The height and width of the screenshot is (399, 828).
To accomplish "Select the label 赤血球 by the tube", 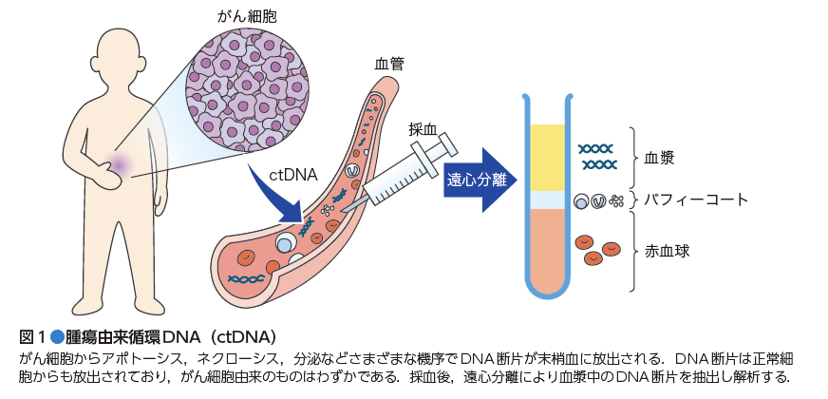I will pos(667,252).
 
